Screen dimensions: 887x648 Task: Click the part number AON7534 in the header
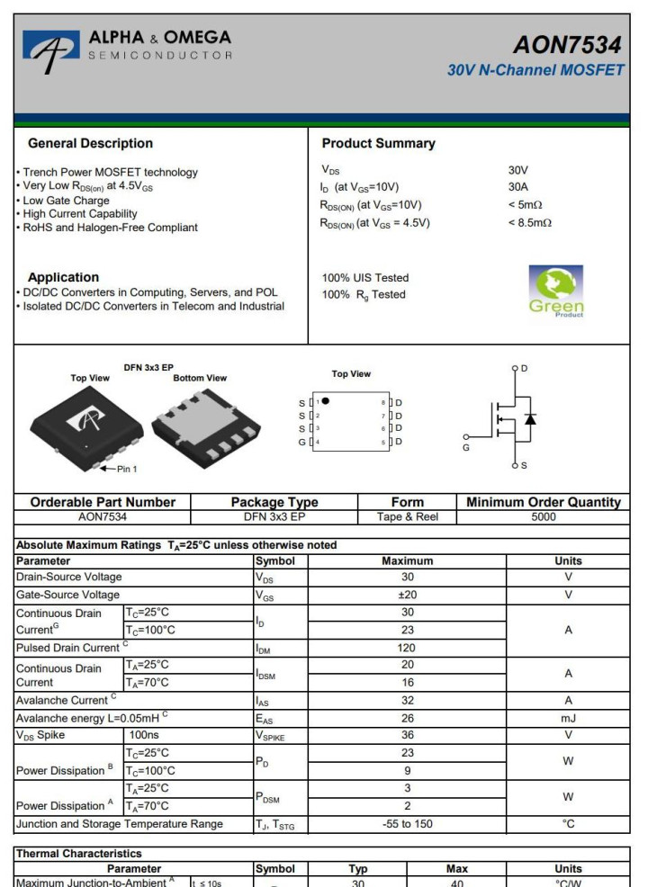[x=570, y=44]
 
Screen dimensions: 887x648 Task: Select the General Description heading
[x=90, y=143]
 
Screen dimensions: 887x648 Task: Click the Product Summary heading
[x=378, y=143]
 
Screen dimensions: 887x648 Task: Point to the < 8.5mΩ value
[x=530, y=223]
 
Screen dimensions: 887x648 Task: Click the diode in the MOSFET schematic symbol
[x=531, y=419]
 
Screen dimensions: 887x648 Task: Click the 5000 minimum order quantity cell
[x=543, y=517]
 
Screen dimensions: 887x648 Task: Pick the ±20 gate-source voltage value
[x=407, y=595]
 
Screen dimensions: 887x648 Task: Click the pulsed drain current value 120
[x=407, y=648]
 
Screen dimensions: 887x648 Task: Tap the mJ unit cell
[x=568, y=718]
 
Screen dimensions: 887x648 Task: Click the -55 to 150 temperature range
[x=407, y=823]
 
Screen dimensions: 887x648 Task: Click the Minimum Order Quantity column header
[x=543, y=502]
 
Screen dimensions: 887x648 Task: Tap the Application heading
[x=63, y=277]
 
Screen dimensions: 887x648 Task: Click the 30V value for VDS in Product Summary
[x=518, y=169]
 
